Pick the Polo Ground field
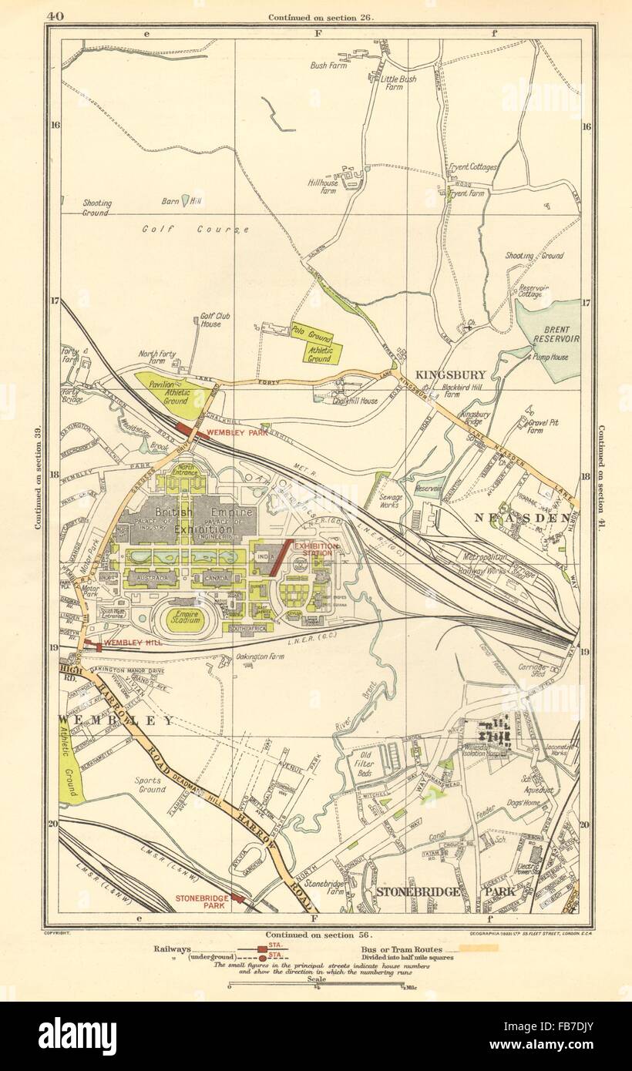tap(312, 334)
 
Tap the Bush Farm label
tap(328, 65)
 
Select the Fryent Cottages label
tap(473, 166)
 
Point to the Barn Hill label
tap(170, 202)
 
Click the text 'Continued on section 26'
tap(321, 17)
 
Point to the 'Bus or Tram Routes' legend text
tap(400, 949)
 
